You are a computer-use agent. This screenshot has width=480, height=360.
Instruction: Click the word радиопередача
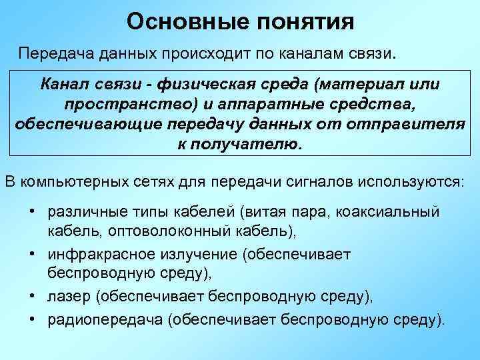(x=106, y=319)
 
